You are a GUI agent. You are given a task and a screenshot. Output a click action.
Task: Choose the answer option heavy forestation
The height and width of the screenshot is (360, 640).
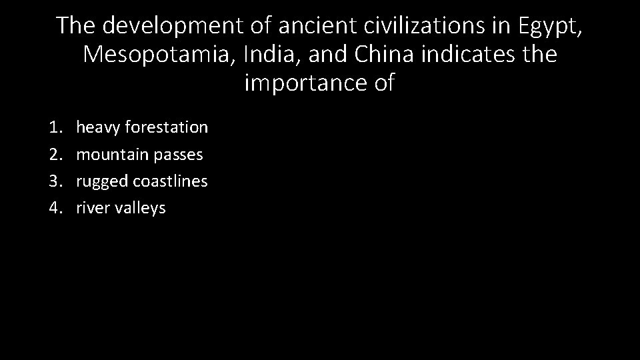[142, 127]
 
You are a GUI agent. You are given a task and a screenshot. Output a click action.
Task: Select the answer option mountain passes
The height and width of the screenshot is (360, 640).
[139, 154]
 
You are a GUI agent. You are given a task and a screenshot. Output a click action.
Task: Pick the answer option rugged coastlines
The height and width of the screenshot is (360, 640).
[142, 181]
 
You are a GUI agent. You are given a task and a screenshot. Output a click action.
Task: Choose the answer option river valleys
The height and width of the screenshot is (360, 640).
[121, 208]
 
